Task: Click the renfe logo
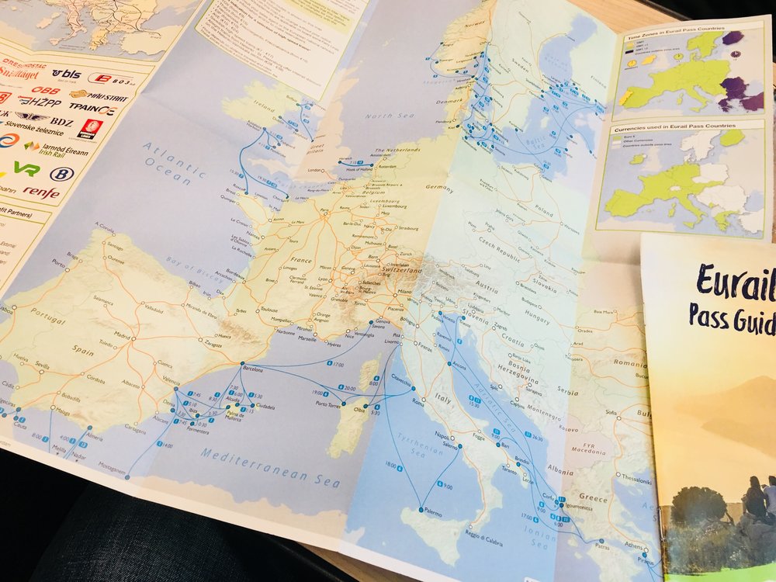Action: point(40,192)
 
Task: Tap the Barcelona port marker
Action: point(242,364)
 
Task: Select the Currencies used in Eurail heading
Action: point(674,124)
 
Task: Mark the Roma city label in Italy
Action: point(418,403)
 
